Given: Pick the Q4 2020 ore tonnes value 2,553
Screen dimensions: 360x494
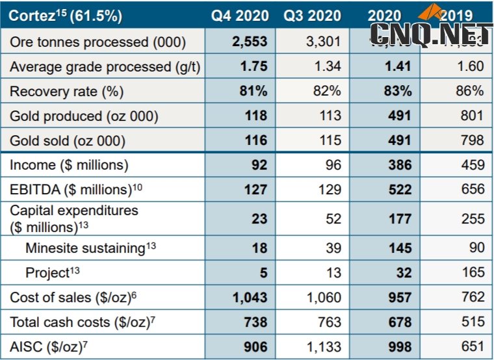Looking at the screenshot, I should pyautogui.click(x=250, y=42).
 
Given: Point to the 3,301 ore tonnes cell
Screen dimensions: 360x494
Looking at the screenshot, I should pyautogui.click(x=323, y=42).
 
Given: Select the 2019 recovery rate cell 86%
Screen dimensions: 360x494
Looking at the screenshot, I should pyautogui.click(x=469, y=91).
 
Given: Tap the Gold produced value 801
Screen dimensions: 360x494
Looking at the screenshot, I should pyautogui.click(x=472, y=116).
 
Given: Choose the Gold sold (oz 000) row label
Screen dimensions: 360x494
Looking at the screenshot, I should pyautogui.click(x=68, y=140).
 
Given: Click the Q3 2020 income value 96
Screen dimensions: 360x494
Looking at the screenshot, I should pyautogui.click(x=333, y=165).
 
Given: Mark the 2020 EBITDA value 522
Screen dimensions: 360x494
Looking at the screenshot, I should pyautogui.click(x=398, y=190).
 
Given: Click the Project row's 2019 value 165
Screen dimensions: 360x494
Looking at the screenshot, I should pyautogui.click(x=472, y=272).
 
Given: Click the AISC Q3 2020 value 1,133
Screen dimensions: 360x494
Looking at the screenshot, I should pyautogui.click(x=323, y=346).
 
